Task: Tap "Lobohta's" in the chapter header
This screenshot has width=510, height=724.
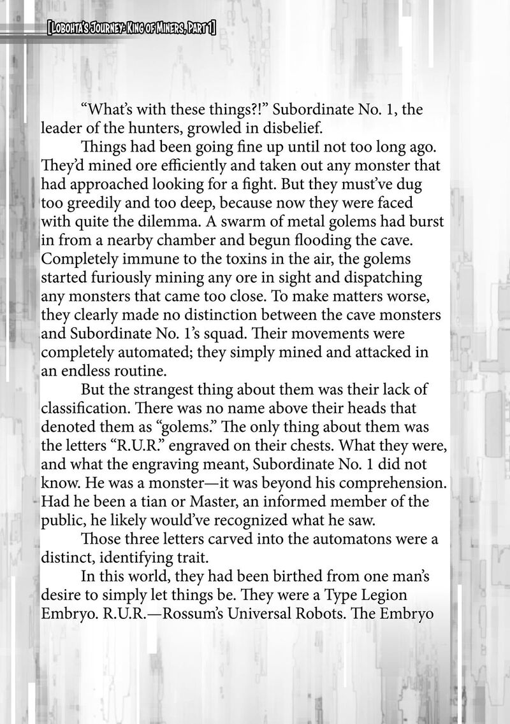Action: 68,27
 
